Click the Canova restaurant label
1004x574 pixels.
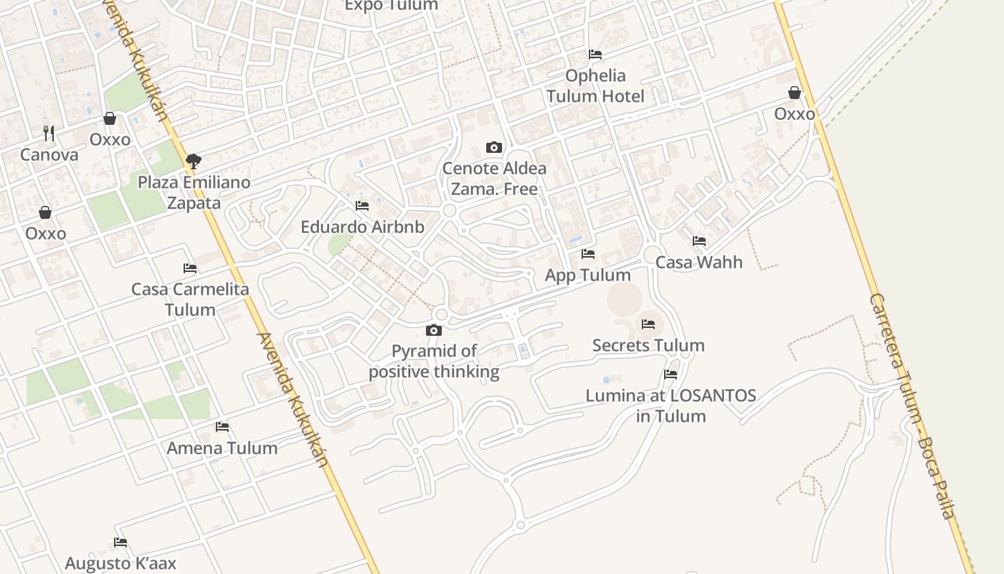[x=49, y=154]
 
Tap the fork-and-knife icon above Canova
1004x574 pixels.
[x=49, y=133]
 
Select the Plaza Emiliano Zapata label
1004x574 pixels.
[x=194, y=192]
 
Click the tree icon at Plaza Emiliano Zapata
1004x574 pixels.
[x=193, y=161]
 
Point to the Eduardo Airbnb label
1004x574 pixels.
[x=362, y=227]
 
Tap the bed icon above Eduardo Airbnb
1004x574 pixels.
[x=362, y=206]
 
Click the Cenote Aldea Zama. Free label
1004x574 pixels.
[x=494, y=179]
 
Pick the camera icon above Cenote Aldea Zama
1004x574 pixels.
[x=494, y=147]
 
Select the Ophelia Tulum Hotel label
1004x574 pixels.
[x=595, y=85]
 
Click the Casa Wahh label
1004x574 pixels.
[x=699, y=262]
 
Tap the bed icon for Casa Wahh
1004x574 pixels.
[x=699, y=241]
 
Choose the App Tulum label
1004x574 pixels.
[x=588, y=275]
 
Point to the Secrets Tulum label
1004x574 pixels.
[x=648, y=345]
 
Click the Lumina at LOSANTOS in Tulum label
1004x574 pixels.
[x=671, y=405]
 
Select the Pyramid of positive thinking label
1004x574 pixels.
[x=434, y=361]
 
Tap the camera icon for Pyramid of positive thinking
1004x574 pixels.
[x=434, y=330]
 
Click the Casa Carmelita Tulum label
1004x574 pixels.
[x=190, y=299]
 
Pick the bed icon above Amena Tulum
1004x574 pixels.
[x=222, y=427]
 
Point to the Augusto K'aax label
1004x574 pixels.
[x=120, y=563]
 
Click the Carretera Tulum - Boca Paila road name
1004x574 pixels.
[x=912, y=405]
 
